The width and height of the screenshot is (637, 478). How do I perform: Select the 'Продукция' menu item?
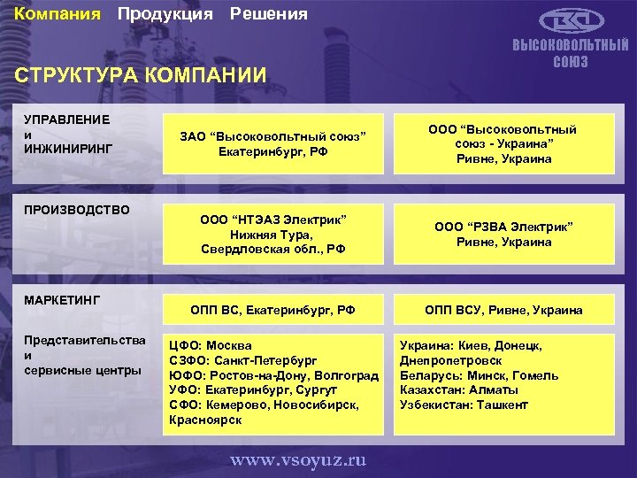pos(165,14)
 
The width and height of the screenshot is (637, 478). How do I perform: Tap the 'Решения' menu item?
pos(269,14)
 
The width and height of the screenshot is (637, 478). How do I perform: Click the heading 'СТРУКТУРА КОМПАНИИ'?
pos(141,75)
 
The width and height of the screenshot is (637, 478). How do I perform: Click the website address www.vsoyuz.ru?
pos(299,459)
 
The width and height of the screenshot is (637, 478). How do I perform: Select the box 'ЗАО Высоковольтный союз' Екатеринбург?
pos(272,143)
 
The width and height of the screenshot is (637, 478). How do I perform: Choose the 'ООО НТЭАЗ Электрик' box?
pos(272,234)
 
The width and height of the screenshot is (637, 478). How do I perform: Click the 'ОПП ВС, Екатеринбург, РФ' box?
pos(272,310)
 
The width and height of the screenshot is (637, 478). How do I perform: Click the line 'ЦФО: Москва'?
pos(211,345)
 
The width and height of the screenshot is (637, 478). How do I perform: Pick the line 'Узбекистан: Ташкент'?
pos(464,405)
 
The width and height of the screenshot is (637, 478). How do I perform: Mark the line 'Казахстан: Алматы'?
pos(459,389)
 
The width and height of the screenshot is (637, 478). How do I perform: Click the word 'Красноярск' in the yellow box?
pos(205,420)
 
